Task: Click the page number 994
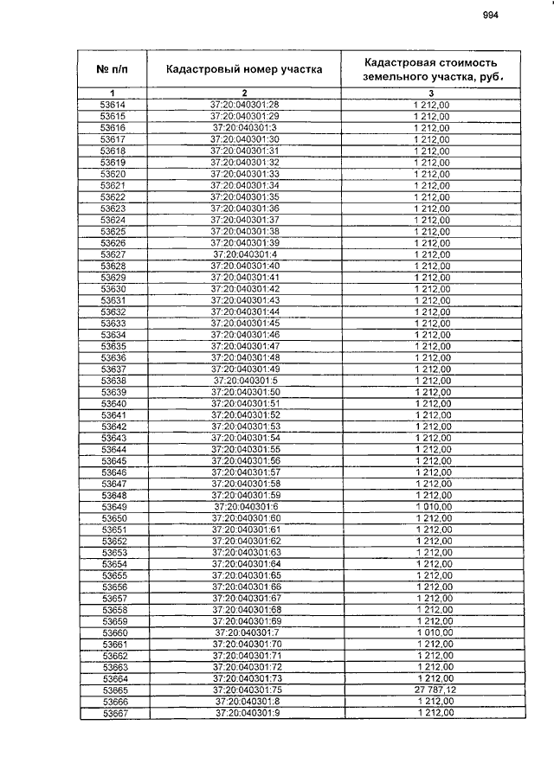(x=491, y=15)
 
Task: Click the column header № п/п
(x=113, y=68)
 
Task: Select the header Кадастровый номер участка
(x=245, y=68)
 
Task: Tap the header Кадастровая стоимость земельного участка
(x=430, y=68)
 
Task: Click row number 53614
(x=113, y=105)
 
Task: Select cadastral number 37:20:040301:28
(x=245, y=105)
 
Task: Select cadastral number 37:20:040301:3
(x=245, y=127)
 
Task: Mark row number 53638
(x=113, y=381)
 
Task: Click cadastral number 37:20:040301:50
(x=245, y=392)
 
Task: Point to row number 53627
(x=113, y=254)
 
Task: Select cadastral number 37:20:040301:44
(x=245, y=311)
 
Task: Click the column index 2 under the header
(x=245, y=93)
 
